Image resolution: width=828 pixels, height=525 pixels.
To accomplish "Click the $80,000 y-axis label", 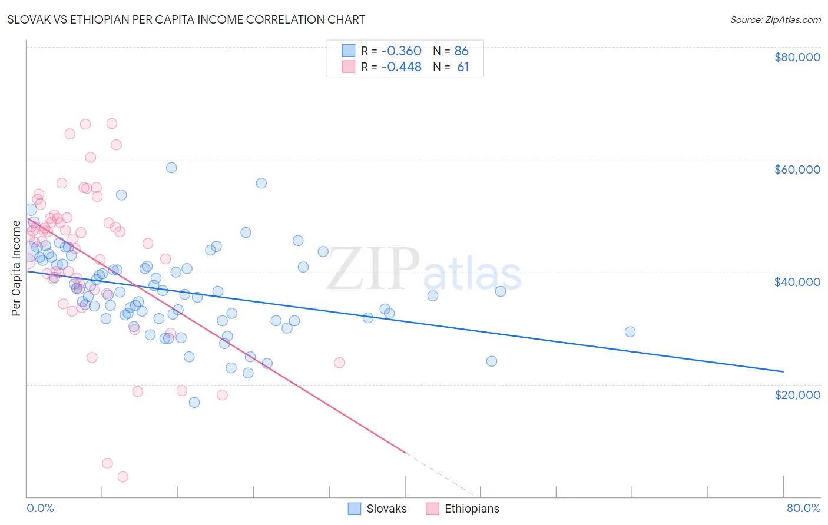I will pyautogui.click(x=797, y=57).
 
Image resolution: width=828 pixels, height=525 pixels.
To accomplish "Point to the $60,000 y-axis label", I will pyautogui.click(x=797, y=170).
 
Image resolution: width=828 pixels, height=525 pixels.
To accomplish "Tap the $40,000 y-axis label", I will pyautogui.click(x=797, y=282).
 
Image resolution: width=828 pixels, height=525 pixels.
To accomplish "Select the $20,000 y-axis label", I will pyautogui.click(x=797, y=394).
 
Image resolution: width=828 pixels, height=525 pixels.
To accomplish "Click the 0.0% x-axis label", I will pyautogui.click(x=40, y=508).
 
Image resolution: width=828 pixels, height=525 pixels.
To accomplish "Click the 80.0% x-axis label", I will pyautogui.click(x=803, y=508).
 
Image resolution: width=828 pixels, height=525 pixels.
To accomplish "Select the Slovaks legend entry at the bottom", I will pyautogui.click(x=386, y=509).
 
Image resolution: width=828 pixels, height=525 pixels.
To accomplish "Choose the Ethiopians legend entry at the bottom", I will pyautogui.click(x=472, y=509).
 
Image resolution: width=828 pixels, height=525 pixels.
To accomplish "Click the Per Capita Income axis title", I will pyautogui.click(x=16, y=268).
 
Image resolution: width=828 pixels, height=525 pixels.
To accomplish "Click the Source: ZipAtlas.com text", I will pyautogui.click(x=775, y=19).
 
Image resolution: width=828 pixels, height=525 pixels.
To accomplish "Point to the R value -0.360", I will pyautogui.click(x=401, y=51).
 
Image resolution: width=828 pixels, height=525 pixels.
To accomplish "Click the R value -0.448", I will pyautogui.click(x=401, y=67).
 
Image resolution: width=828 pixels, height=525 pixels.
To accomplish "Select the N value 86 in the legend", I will pyautogui.click(x=461, y=51).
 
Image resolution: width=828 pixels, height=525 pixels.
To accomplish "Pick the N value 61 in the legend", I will pyautogui.click(x=463, y=67).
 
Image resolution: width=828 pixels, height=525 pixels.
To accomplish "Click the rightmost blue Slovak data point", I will pyautogui.click(x=630, y=332).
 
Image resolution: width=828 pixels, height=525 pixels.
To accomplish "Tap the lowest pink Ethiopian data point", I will pyautogui.click(x=123, y=477).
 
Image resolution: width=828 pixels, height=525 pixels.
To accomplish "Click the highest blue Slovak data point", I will pyautogui.click(x=171, y=168).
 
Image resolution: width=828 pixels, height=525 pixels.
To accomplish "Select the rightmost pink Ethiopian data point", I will pyautogui.click(x=339, y=363).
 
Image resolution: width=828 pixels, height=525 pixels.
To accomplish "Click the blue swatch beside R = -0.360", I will pyautogui.click(x=349, y=51).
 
